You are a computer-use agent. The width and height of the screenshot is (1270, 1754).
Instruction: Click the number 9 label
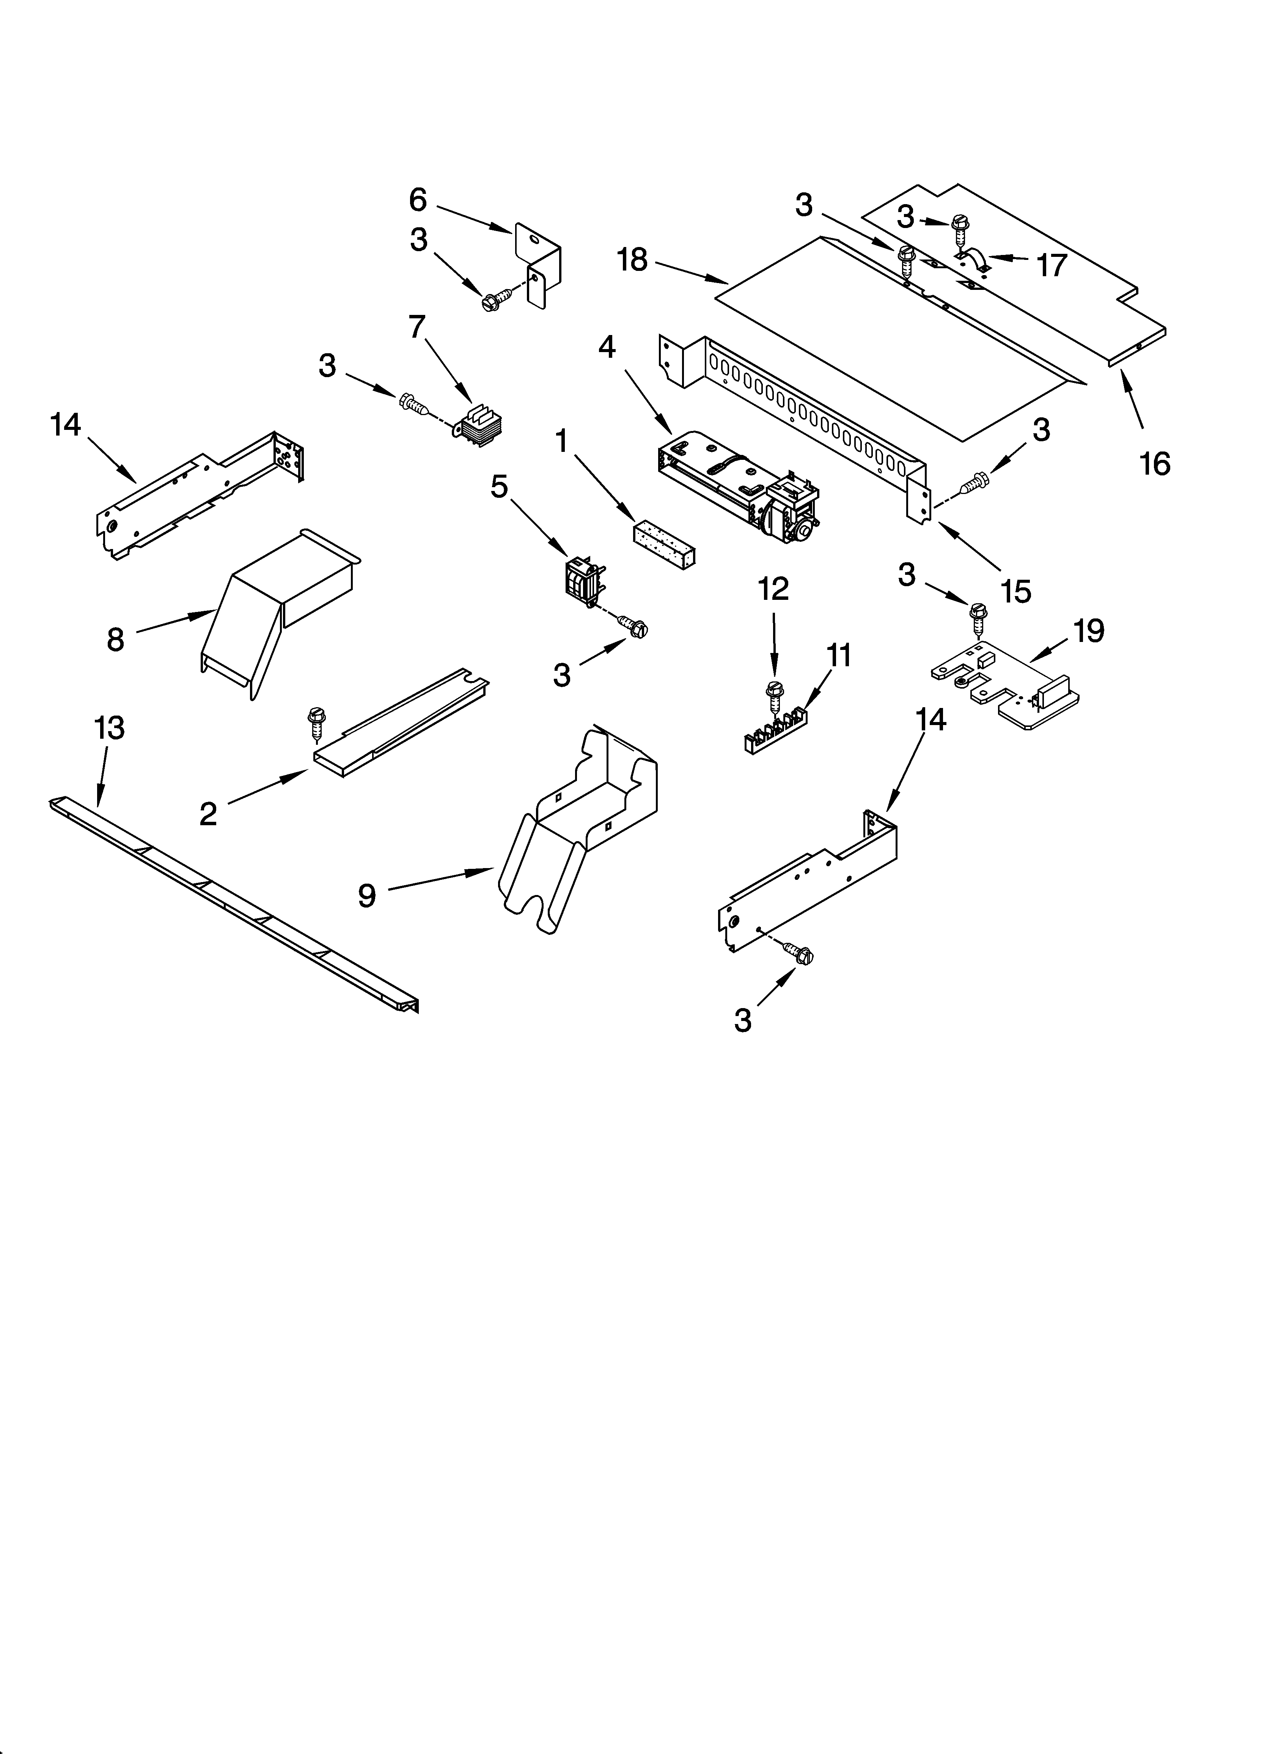(x=366, y=895)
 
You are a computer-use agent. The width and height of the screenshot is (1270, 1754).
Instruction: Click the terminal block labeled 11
(x=773, y=731)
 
